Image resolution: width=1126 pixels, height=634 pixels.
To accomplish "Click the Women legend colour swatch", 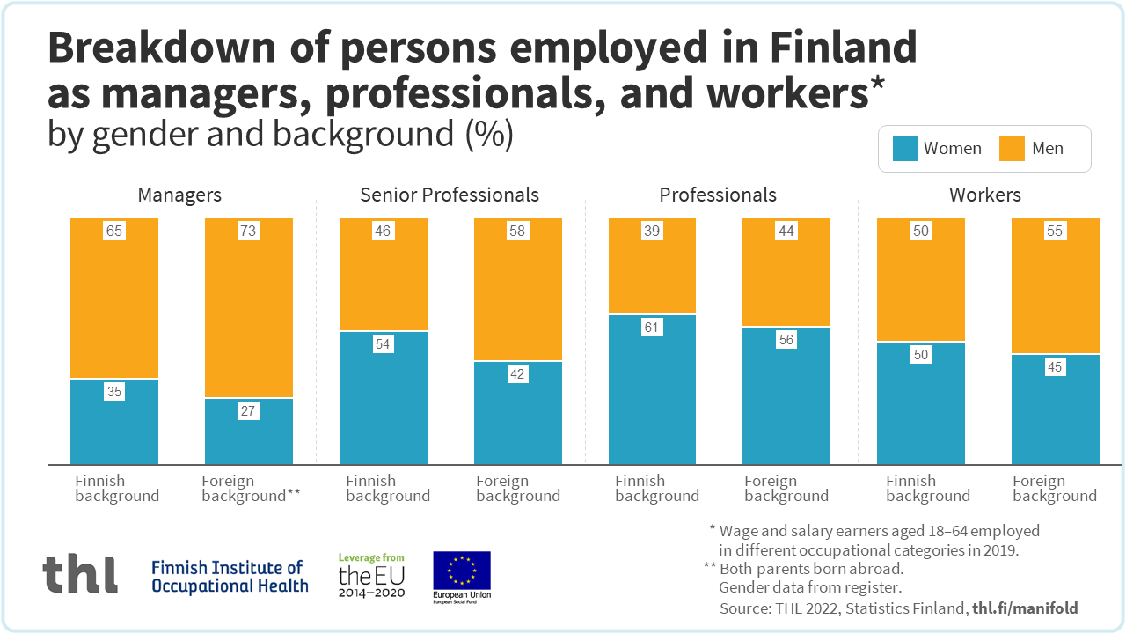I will [x=905, y=148].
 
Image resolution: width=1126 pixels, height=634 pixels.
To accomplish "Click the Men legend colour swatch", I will [x=1013, y=148].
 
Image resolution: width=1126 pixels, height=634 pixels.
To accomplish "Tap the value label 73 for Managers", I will [x=248, y=232].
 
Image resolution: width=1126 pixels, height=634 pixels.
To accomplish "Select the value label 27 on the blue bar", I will [x=248, y=411].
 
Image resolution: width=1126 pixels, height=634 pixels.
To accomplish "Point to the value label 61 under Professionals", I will [x=652, y=328].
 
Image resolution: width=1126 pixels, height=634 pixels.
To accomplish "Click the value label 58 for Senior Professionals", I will [x=517, y=232].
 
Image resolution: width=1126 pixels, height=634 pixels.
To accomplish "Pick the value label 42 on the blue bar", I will [x=517, y=374].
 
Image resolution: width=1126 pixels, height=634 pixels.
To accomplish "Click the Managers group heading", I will [x=179, y=195].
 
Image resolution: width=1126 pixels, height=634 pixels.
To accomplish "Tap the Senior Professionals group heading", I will [x=450, y=195].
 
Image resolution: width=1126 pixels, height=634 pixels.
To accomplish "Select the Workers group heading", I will [x=985, y=195].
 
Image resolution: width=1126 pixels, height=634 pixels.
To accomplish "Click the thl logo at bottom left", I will [x=80, y=574].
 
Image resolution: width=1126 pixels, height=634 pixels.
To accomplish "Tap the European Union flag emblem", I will [x=462, y=572].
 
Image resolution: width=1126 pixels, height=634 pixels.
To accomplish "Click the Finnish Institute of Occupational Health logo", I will [x=230, y=576].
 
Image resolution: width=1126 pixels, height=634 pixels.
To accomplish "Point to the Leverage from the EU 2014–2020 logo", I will [x=372, y=576].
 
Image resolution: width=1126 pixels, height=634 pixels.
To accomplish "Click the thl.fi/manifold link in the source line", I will [x=1025, y=608].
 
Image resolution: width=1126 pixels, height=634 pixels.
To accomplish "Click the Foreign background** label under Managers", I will [x=251, y=488].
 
